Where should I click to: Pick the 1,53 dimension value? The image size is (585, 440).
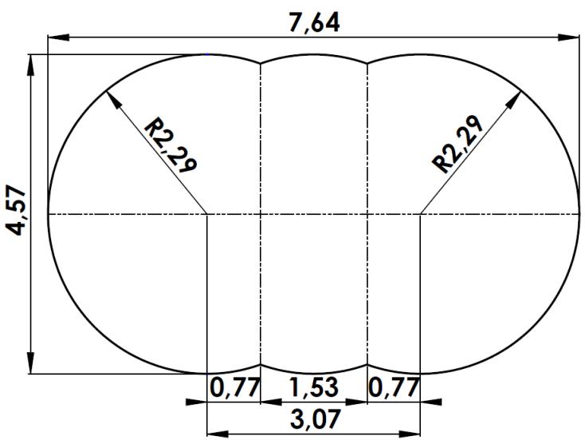(313, 389)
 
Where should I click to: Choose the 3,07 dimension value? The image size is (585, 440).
(313, 419)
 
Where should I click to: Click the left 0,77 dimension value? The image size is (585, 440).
(234, 389)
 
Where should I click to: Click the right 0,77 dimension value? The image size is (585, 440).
(394, 389)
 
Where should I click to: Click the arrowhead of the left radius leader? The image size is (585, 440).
(109, 93)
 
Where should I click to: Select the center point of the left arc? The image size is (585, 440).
(207, 214)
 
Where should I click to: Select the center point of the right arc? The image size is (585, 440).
(420, 214)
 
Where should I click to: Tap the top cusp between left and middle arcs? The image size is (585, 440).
(261, 64)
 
